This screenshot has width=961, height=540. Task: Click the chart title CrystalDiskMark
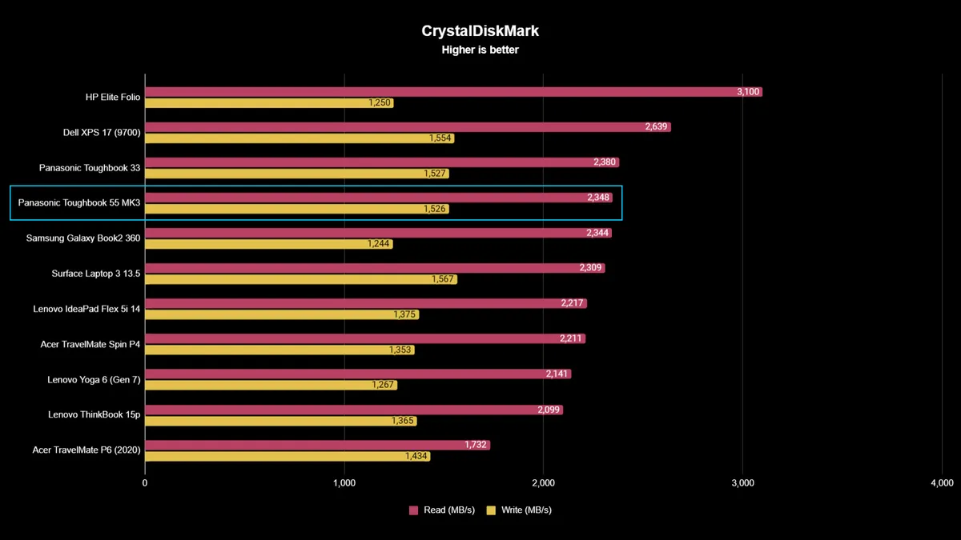(480, 31)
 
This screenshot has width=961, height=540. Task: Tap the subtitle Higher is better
(480, 50)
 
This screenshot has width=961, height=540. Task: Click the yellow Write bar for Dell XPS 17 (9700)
(288, 138)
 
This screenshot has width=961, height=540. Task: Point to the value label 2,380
(605, 162)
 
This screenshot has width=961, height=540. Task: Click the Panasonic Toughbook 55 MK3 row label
(79, 203)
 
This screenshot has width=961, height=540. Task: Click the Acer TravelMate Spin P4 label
(90, 344)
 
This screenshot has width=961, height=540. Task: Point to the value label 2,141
(557, 374)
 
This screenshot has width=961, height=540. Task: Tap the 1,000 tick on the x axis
(344, 483)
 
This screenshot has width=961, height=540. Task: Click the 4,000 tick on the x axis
(942, 483)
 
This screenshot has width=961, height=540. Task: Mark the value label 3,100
(748, 92)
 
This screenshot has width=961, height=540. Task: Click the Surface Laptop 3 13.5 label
(96, 274)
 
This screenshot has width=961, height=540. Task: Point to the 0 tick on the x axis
(145, 483)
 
